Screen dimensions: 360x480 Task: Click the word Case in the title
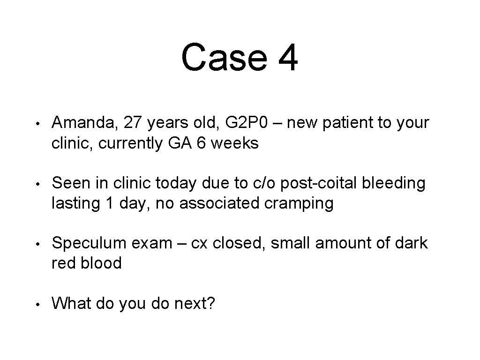click(223, 58)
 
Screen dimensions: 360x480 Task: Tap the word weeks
click(235, 143)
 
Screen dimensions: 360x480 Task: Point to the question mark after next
click(210, 303)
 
